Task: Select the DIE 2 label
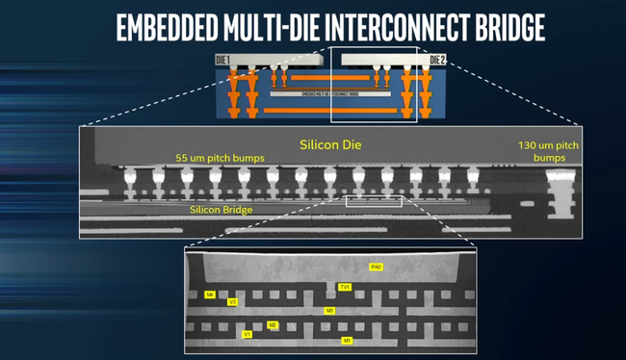pyautogui.click(x=436, y=60)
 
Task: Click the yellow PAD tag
pyautogui.click(x=377, y=266)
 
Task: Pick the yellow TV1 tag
pyautogui.click(x=346, y=287)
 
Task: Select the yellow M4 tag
pyautogui.click(x=210, y=295)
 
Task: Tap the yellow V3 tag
pyautogui.click(x=232, y=302)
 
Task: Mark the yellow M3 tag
pyautogui.click(x=329, y=311)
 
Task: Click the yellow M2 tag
pyautogui.click(x=273, y=325)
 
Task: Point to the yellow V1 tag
pyautogui.click(x=248, y=334)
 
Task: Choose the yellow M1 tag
pyautogui.click(x=348, y=341)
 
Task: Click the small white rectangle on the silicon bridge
pyautogui.click(x=374, y=201)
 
